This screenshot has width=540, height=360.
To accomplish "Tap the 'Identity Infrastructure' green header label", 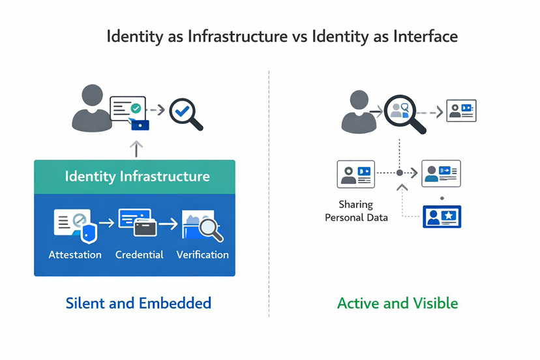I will pyautogui.click(x=137, y=176).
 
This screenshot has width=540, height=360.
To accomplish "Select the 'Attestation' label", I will pyautogui.click(x=75, y=254).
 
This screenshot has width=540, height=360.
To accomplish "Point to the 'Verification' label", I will pyautogui.click(x=202, y=254).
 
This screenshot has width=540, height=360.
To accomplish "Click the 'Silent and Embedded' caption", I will pyautogui.click(x=138, y=303).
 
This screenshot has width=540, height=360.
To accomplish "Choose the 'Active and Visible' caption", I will pyautogui.click(x=397, y=303).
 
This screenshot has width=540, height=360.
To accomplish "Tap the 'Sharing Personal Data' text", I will pyautogui.click(x=357, y=211).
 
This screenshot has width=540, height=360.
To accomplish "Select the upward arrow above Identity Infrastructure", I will pyautogui.click(x=136, y=148).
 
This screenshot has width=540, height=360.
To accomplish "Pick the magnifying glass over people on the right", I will pyautogui.click(x=403, y=112).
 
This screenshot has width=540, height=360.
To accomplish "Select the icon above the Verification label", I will pyautogui.click(x=203, y=225).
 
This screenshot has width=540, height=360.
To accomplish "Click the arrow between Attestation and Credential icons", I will pyautogui.click(x=106, y=224).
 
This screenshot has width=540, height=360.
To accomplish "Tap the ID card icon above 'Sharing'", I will pyautogui.click(x=355, y=174).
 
